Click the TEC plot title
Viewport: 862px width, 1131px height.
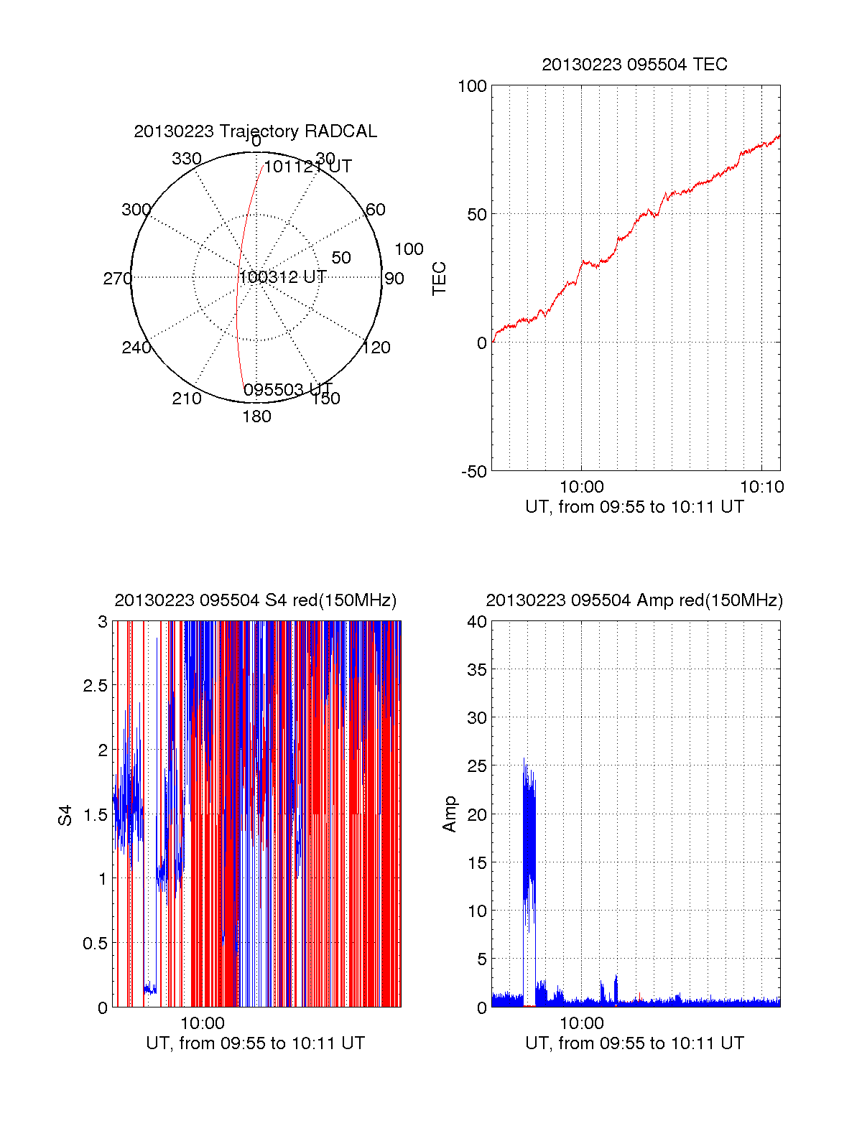[x=634, y=65]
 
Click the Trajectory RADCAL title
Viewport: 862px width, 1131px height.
[x=255, y=131]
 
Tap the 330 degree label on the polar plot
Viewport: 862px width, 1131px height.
[x=187, y=159]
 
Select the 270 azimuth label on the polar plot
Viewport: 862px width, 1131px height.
[x=117, y=279]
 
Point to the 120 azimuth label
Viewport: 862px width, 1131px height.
[x=376, y=348]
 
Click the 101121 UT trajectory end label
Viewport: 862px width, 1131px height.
[x=307, y=167]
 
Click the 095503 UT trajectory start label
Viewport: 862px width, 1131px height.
[x=287, y=390]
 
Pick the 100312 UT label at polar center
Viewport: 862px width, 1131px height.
[x=282, y=277]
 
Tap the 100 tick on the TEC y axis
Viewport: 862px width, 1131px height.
[x=472, y=86]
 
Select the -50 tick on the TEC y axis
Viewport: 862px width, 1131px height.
[x=474, y=472]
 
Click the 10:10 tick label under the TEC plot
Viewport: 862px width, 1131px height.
[x=761, y=487]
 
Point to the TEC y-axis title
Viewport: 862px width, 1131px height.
[x=439, y=279]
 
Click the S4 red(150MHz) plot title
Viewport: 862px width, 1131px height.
[x=255, y=600]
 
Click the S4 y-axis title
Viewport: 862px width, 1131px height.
[x=65, y=815]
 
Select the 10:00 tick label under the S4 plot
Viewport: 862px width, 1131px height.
[x=202, y=1023]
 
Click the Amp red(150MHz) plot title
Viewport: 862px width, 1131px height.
[x=634, y=600]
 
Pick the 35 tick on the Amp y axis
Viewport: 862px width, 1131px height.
[x=477, y=670]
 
